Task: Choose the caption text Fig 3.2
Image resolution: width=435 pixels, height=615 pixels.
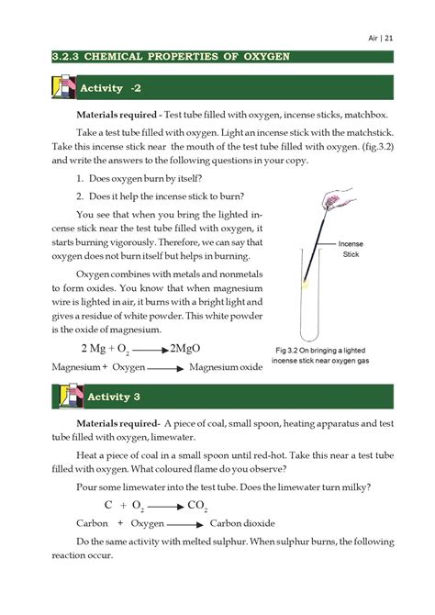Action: [x=291, y=350]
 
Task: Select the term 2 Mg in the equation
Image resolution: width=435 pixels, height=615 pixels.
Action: [x=95, y=349]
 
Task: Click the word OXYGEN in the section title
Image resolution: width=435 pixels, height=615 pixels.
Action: [x=261, y=57]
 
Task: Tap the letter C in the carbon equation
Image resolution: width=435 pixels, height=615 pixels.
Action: [x=107, y=505]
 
